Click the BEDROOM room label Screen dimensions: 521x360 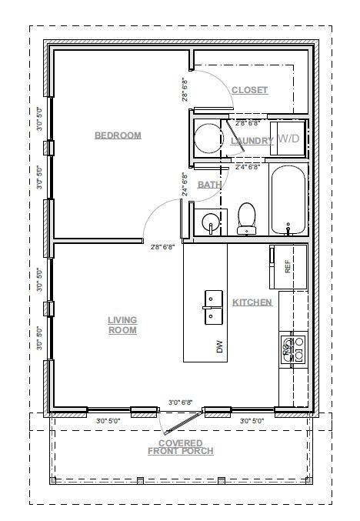click(118, 135)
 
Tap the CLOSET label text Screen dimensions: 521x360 click(249, 90)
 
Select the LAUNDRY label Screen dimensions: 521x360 click(252, 141)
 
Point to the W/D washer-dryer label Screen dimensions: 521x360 click(289, 139)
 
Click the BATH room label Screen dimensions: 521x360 click(209, 185)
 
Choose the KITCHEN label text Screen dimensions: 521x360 click(252, 302)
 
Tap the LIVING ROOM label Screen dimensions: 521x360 click(122, 325)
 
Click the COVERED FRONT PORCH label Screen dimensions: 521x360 click(181, 447)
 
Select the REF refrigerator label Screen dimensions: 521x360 click(288, 266)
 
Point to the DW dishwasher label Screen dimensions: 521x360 click(219, 349)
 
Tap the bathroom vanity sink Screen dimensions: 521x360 click(208, 223)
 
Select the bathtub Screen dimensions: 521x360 click(288, 199)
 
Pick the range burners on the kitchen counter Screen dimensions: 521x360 click(293, 349)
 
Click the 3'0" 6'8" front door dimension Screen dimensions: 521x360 click(180, 401)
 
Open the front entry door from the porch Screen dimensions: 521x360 click(181, 419)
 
